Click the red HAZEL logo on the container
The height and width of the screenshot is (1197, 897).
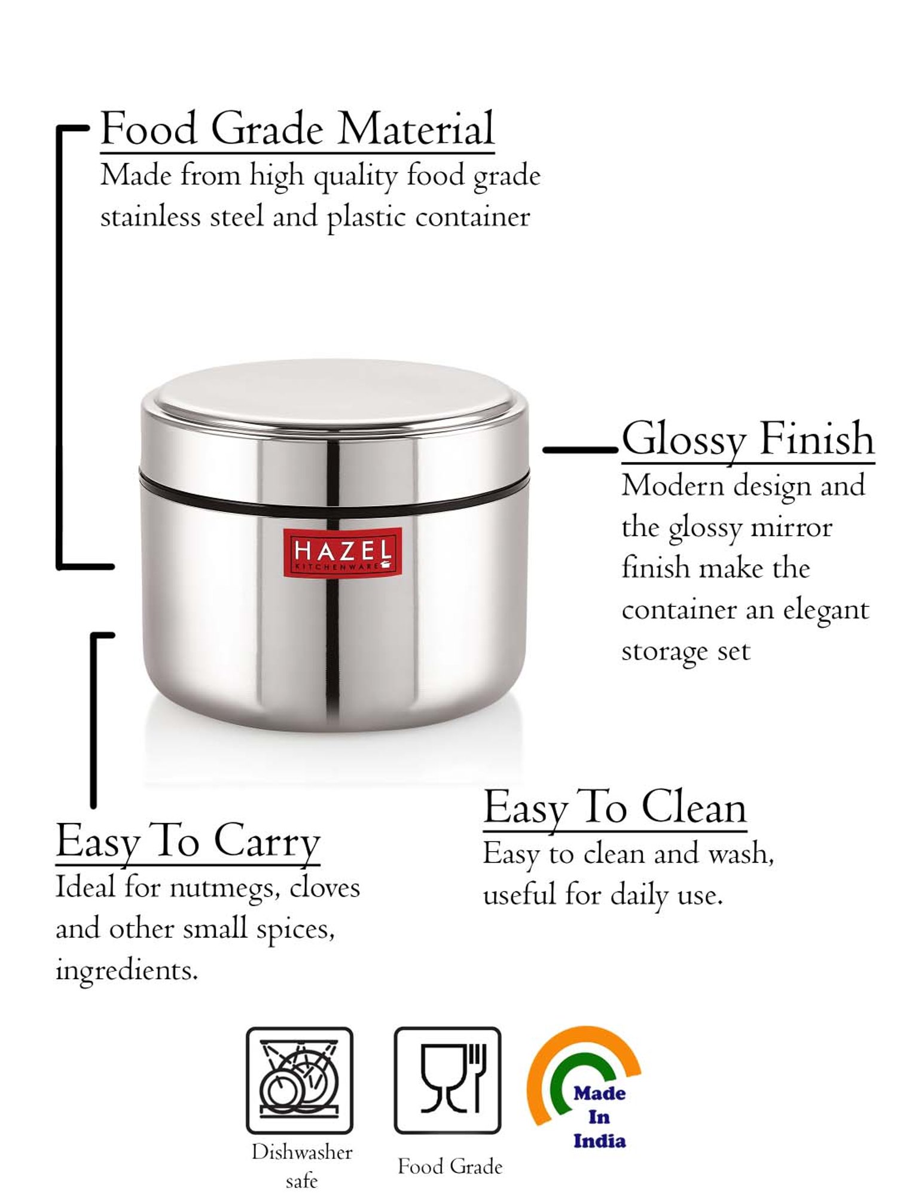tap(343, 552)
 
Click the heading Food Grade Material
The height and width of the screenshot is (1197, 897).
tap(297, 129)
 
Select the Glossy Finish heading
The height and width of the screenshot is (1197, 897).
tap(747, 439)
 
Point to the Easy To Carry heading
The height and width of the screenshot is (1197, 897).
tap(188, 841)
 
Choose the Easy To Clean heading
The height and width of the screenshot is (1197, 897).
tap(615, 807)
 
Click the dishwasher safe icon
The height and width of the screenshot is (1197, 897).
tap(300, 1080)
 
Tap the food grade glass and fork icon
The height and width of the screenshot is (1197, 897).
tap(447, 1080)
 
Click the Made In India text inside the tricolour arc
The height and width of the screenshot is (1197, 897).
tap(599, 1117)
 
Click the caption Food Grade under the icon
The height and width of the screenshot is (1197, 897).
tap(450, 1166)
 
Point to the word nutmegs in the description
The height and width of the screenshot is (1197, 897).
tap(225, 888)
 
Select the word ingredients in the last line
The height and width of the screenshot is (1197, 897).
tap(126, 971)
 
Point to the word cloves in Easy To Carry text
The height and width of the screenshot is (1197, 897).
tap(325, 888)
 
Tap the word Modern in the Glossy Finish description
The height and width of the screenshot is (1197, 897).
tap(673, 485)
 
